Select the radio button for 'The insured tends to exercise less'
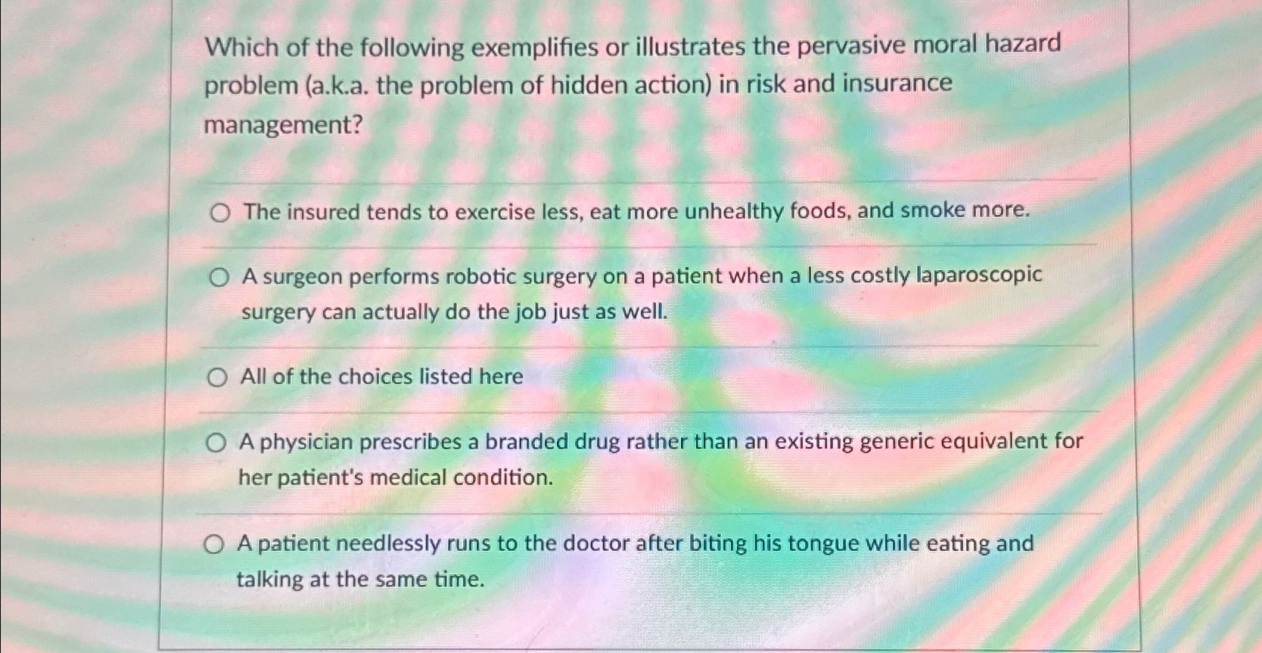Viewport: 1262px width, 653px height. click(220, 213)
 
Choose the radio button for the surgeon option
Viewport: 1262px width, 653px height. click(219, 278)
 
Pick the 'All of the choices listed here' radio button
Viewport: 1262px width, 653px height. click(217, 377)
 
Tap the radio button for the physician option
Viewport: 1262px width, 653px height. click(216, 443)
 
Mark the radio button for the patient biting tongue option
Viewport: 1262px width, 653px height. click(214, 544)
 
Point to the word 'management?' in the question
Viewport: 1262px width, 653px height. click(283, 125)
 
